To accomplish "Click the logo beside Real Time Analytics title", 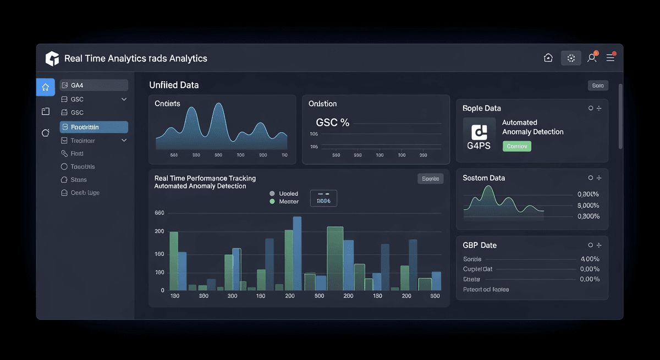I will [52, 58].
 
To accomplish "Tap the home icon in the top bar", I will [548, 58].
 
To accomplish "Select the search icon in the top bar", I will [592, 58].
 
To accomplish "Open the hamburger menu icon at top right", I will [610, 58].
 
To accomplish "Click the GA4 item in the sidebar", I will [94, 85].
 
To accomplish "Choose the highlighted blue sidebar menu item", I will [94, 127].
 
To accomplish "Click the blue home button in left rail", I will [46, 86].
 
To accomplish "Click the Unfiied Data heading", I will [174, 85].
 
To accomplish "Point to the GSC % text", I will [332, 123].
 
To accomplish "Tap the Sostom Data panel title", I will [483, 178].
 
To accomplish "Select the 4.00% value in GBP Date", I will [590, 259].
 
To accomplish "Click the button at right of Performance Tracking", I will [430, 179].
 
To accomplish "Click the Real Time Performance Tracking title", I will [205, 179].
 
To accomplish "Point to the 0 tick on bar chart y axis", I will [162, 290].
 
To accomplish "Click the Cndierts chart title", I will [167, 104].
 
